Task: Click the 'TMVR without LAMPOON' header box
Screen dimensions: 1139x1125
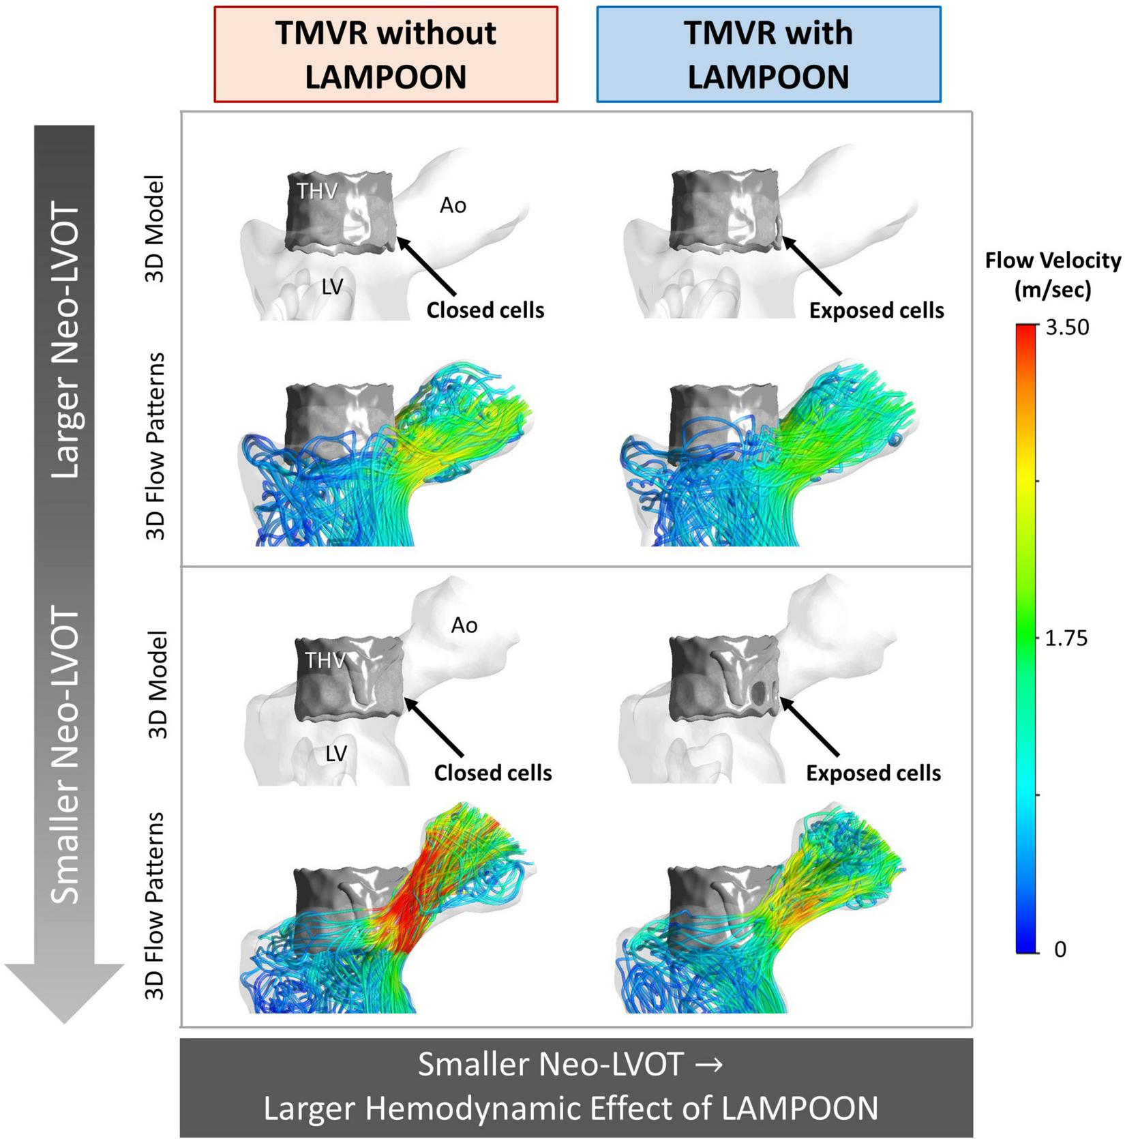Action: [386, 55]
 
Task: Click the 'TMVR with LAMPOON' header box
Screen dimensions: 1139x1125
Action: [768, 55]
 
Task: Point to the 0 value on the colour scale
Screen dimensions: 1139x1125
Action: [1060, 949]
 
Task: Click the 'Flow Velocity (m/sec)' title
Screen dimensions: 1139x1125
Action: [1053, 275]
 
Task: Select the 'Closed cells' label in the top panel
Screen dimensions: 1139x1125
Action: [485, 310]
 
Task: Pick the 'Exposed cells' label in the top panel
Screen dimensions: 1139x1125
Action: [876, 310]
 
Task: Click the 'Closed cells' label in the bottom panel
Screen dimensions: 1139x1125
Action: [493, 773]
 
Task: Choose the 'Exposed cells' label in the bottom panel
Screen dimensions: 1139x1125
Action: [873, 773]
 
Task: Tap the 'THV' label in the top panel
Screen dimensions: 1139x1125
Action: [317, 191]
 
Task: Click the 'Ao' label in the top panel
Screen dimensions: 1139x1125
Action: [453, 205]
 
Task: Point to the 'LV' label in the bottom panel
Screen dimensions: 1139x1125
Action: [336, 753]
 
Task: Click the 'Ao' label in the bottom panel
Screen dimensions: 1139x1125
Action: [464, 625]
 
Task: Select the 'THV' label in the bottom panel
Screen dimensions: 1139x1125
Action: [325, 660]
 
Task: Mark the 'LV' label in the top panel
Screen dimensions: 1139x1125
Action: [332, 287]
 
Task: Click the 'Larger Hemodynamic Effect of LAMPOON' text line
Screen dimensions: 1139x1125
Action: [571, 1109]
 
